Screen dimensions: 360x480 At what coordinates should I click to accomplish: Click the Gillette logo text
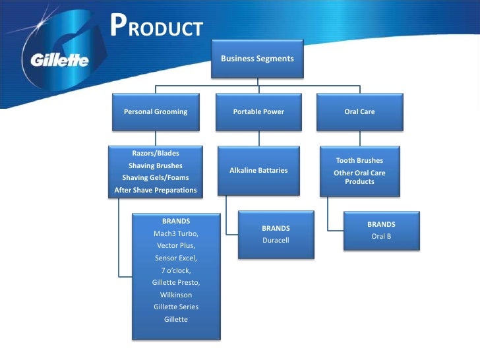(59, 61)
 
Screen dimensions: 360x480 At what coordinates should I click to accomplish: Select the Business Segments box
(257, 59)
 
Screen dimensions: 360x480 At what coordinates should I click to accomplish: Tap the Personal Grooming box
(156, 112)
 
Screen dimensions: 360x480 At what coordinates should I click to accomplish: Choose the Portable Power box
(258, 112)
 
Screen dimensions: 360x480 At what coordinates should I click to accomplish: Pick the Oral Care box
(359, 112)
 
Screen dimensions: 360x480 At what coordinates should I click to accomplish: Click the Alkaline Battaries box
(258, 170)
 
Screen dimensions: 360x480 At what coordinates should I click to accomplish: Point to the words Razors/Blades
(156, 154)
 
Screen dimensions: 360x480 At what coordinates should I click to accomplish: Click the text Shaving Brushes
(156, 165)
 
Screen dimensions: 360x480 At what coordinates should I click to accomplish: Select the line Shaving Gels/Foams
(156, 178)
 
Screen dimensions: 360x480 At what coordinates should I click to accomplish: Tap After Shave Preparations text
(156, 191)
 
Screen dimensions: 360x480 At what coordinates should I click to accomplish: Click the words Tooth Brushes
(359, 160)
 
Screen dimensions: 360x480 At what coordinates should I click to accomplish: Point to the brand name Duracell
(276, 241)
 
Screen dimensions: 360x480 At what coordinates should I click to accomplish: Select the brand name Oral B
(381, 236)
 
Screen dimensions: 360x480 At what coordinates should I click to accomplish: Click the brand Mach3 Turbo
(175, 233)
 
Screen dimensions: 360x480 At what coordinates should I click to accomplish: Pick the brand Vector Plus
(175, 245)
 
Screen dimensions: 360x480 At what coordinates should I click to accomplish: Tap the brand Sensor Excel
(175, 258)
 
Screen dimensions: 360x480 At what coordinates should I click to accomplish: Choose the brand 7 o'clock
(175, 270)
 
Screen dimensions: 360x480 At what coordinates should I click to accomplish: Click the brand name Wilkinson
(175, 295)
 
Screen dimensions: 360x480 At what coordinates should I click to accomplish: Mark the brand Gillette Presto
(175, 282)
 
